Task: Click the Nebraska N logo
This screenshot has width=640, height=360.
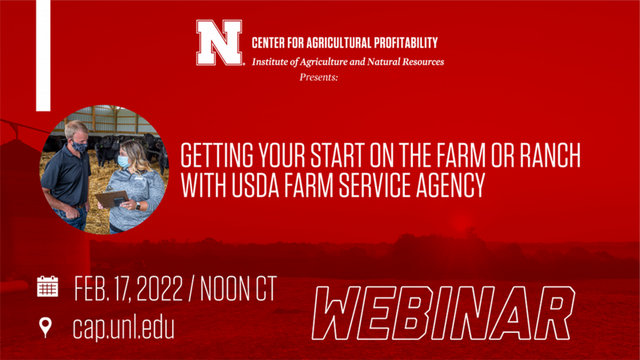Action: click(x=220, y=43)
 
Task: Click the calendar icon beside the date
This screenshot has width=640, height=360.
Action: click(x=47, y=287)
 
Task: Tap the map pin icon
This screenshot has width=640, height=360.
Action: click(x=46, y=327)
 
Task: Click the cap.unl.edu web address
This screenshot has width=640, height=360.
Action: click(x=123, y=327)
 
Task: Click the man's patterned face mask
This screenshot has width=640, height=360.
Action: click(x=80, y=147)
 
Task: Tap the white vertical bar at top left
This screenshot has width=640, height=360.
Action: click(x=43, y=55)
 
